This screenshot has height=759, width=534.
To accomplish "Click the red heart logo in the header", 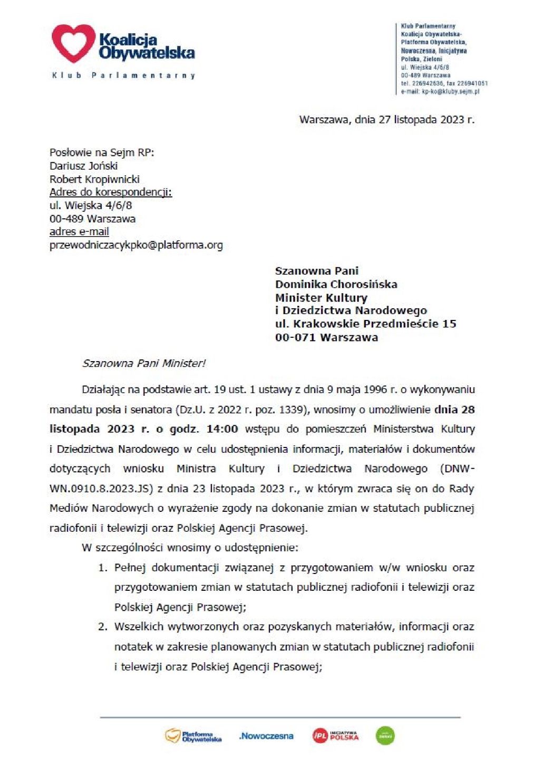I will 73,43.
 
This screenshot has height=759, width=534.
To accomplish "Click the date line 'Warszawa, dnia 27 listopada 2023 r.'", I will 386,120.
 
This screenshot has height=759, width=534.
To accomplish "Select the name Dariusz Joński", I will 83,166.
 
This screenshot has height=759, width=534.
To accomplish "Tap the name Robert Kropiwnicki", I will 94,179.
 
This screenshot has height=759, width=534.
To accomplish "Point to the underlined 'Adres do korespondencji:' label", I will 111,192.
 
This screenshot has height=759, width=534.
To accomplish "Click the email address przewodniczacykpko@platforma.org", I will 136,245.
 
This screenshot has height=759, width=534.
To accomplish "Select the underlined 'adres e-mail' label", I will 79,232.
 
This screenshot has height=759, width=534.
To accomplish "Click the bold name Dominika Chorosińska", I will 336,285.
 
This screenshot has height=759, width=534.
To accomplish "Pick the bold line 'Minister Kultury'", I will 321,298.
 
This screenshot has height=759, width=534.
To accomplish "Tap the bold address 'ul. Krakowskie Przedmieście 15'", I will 365,324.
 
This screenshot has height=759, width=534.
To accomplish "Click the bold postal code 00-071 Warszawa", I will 326,337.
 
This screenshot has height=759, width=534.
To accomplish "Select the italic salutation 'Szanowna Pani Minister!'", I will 143,364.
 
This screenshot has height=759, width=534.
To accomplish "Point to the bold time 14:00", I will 222,429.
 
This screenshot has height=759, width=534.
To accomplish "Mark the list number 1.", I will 103,568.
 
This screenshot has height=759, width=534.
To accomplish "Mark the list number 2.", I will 103,627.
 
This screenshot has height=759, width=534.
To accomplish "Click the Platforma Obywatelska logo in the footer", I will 193,736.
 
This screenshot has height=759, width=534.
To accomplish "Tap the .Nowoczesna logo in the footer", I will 266,736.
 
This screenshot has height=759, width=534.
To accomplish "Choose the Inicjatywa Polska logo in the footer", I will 335,736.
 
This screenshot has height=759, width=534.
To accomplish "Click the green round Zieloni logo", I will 385,736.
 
